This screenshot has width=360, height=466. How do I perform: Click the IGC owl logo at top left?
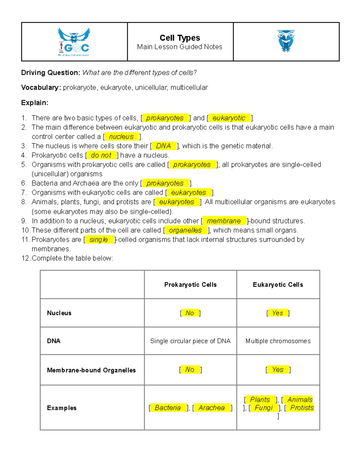pos(74,42)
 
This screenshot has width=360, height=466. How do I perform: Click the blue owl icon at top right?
pos(286,41)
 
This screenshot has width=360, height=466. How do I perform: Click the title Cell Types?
pos(180,38)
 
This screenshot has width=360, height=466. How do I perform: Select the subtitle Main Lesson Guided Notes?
pos(179,47)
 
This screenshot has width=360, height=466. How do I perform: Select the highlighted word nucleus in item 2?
pos(121,137)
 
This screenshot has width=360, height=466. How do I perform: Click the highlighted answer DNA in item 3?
pos(163,146)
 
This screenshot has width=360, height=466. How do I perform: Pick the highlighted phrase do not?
pos(101,155)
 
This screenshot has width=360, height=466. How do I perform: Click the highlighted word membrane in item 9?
pos(224,221)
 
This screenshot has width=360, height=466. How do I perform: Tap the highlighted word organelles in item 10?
pos(185,230)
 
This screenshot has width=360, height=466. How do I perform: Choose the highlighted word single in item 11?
pos(99,240)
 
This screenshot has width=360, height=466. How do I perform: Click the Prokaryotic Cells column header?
pos(190,285)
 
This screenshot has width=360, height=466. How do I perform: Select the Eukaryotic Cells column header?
pos(278,285)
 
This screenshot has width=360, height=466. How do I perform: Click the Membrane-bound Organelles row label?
pos(91,370)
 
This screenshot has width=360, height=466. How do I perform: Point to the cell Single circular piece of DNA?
pos(190,341)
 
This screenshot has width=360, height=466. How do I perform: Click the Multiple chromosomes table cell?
pos(278,341)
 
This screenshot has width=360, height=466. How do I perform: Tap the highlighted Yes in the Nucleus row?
pos(277,313)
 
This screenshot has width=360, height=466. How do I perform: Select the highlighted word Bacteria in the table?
pos(168,408)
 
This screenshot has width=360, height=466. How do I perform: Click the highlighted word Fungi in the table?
pos(263,408)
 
